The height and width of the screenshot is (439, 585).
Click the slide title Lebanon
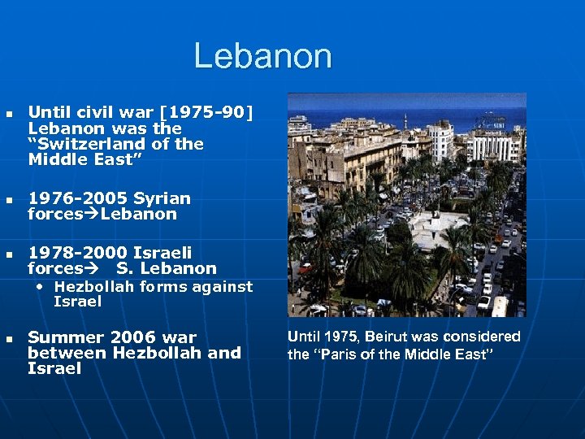tap(262, 57)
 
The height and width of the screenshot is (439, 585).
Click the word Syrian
tap(162, 198)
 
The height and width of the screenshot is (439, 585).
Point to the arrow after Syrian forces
tap(92, 215)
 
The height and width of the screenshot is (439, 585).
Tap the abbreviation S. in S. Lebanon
tap(124, 269)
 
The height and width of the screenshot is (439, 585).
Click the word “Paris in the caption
tap(339, 354)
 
